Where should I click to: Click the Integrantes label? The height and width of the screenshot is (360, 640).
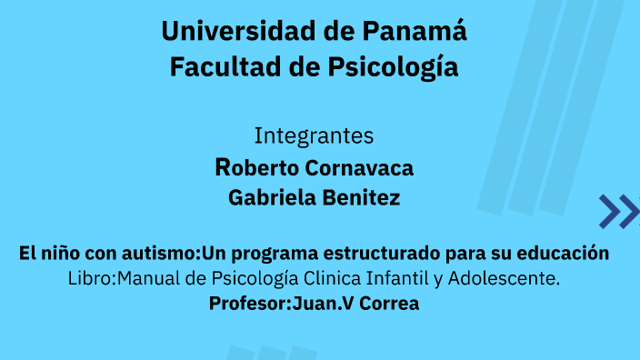314,136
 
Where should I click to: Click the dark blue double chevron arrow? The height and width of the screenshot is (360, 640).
618,211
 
